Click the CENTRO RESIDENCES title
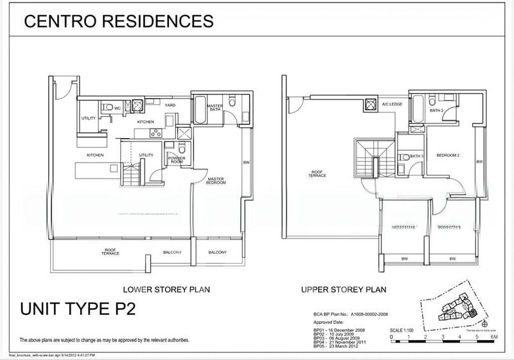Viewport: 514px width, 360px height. [118, 21]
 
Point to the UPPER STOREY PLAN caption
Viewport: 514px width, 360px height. [343, 289]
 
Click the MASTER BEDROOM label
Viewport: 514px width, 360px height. [216, 181]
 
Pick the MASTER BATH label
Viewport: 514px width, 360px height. [215, 107]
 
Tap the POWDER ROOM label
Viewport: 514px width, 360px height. [176, 160]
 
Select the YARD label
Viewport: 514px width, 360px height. [170, 105]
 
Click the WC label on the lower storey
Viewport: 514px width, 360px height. [118, 108]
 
